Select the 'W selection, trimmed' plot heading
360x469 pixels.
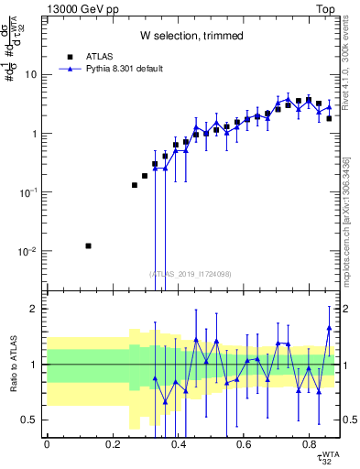(191, 36)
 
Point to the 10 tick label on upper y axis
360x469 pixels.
(32, 75)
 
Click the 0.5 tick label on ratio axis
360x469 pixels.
(32, 420)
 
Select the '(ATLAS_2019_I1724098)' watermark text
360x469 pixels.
(191, 273)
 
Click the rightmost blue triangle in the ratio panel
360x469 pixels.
(329, 327)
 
